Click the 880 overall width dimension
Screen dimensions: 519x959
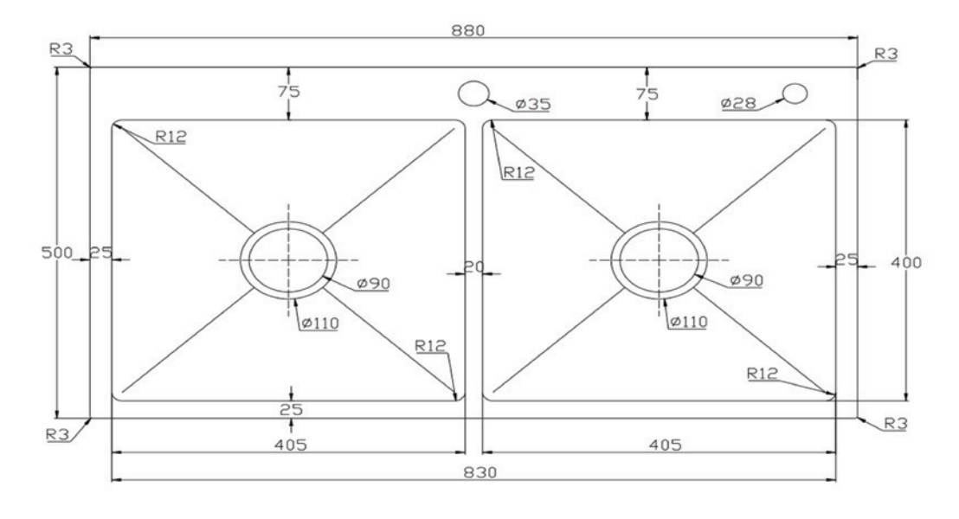[473, 29]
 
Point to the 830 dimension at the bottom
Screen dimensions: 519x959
[473, 473]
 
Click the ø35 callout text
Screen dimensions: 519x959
[533, 105]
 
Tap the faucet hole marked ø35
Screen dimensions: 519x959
[473, 93]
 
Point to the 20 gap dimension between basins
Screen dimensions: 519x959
[473, 268]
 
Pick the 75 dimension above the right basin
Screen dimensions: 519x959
[647, 93]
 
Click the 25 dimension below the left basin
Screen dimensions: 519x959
[290, 409]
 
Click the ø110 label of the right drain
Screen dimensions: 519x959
[689, 322]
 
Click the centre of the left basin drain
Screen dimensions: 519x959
[288, 259]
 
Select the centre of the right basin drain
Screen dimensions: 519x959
[658, 259]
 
